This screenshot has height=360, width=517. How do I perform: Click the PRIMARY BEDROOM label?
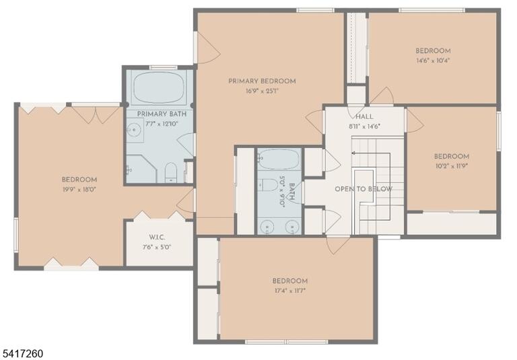tap(262, 81)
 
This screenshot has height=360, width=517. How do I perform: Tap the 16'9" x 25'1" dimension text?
tap(262, 91)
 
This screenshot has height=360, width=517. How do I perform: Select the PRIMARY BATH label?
tap(162, 114)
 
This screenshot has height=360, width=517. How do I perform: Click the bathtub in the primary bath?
tap(158, 87)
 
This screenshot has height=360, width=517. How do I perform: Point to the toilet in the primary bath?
tap(171, 172)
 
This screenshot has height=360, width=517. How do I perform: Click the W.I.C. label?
tap(157, 238)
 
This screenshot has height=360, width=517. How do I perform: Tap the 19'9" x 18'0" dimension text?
tap(79, 190)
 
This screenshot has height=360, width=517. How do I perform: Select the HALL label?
tap(365, 116)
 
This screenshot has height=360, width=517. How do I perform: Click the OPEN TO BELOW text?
tap(364, 189)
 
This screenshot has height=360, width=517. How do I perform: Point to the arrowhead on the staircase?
tap(353, 153)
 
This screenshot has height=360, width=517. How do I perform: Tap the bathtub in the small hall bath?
tap(279, 159)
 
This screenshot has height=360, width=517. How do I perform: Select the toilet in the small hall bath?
tap(268, 184)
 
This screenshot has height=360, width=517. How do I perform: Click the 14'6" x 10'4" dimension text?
tap(433, 61)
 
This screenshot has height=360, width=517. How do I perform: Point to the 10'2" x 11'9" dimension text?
tap(452, 166)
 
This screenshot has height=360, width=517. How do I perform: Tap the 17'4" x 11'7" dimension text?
tap(290, 291)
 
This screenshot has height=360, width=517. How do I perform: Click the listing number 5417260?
tap(22, 354)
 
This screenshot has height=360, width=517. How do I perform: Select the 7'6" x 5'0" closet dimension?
tap(157, 247)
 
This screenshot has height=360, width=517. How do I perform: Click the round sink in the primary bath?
tap(135, 130)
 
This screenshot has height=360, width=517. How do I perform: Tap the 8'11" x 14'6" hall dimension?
tap(365, 127)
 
